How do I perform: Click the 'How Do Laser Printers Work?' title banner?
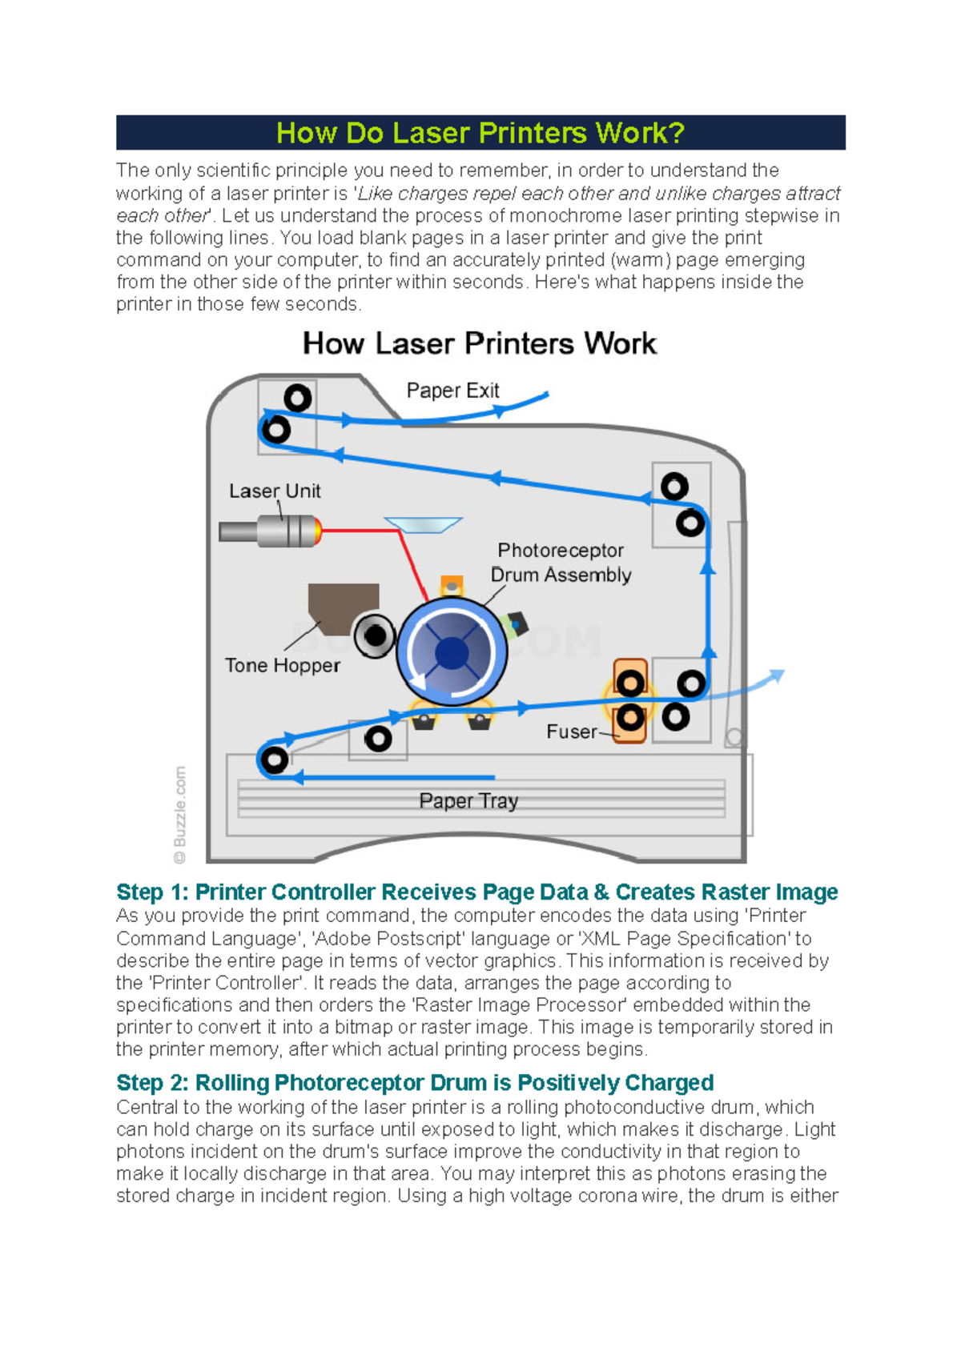(480, 133)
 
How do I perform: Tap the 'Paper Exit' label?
(452, 391)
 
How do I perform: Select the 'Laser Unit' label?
(275, 491)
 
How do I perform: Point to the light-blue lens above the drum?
(424, 524)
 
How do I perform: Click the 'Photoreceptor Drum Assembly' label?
(561, 563)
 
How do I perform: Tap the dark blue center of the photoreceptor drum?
(452, 653)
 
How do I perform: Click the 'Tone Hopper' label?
(282, 665)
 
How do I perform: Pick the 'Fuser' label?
(571, 732)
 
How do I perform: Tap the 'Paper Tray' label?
(468, 801)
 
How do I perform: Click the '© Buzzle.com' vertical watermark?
(180, 815)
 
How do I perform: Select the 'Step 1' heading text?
(476, 892)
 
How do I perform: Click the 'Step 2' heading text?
(415, 1083)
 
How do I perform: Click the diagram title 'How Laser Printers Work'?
(480, 343)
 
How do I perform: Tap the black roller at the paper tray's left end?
(275, 759)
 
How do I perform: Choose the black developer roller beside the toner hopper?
(375, 636)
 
